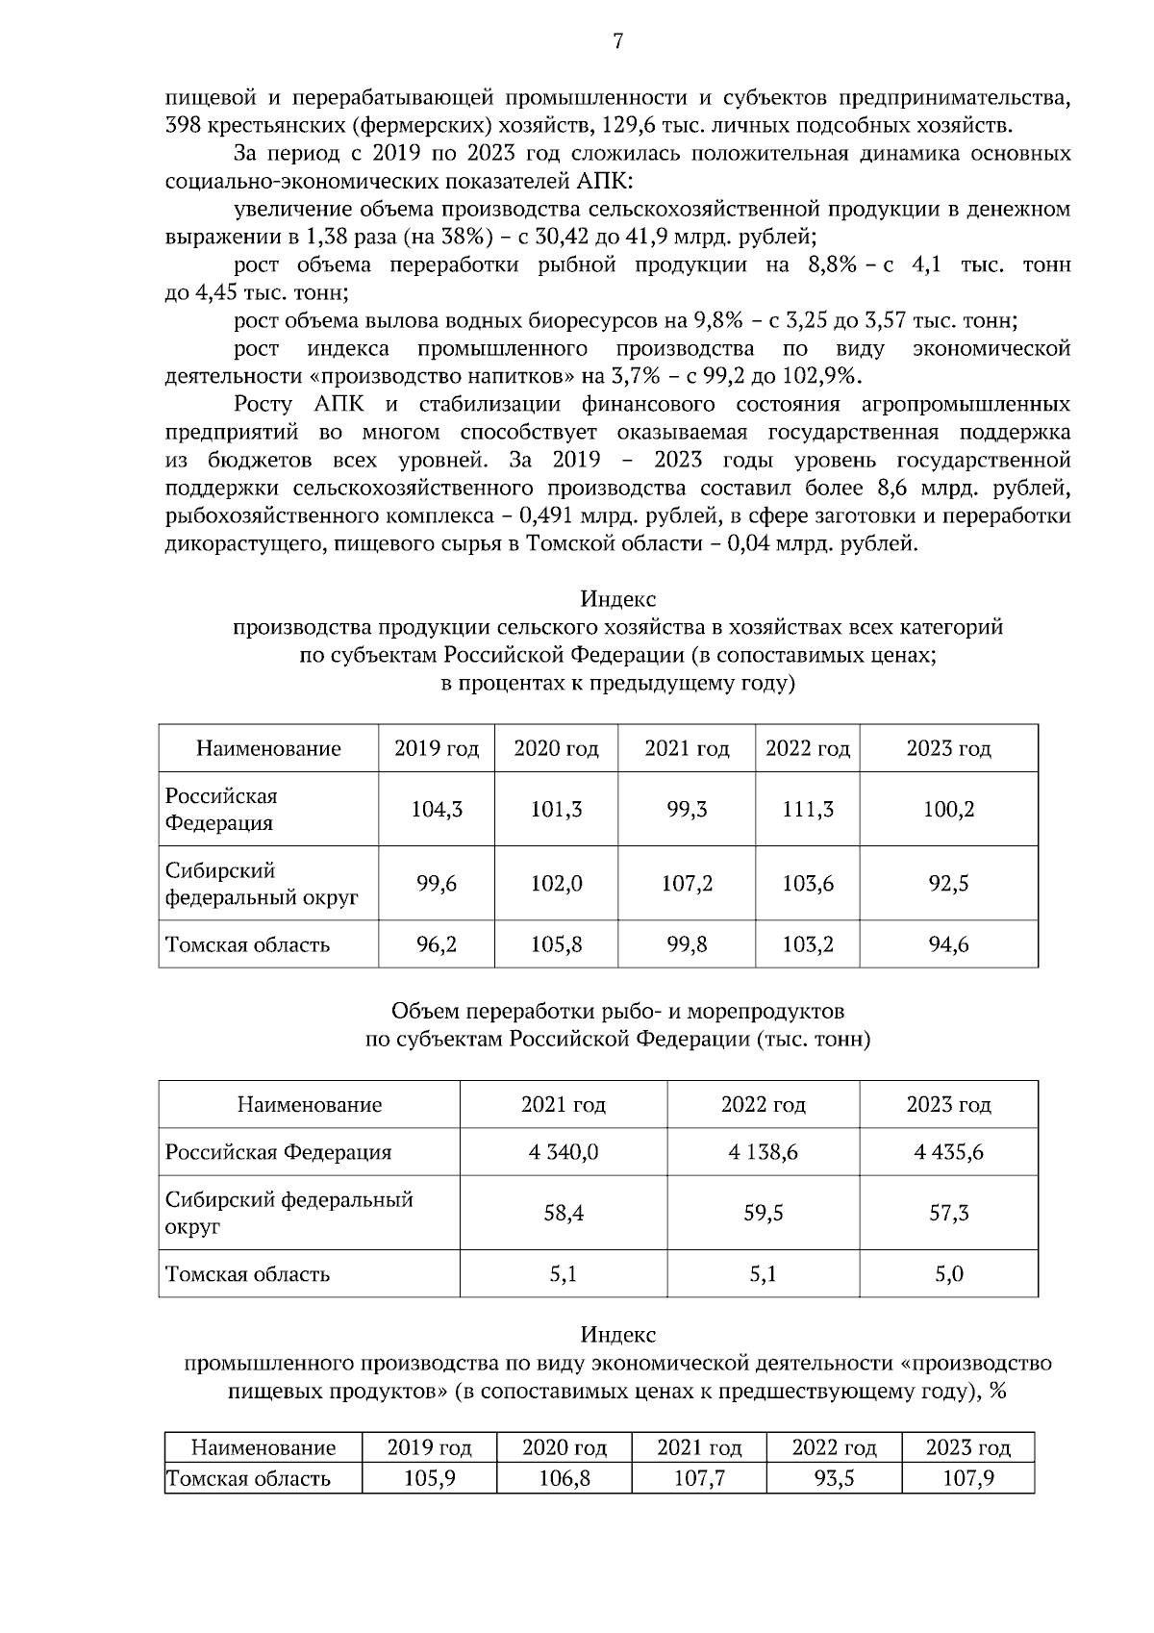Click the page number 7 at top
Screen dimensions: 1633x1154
(x=617, y=41)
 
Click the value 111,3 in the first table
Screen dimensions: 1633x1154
(x=808, y=810)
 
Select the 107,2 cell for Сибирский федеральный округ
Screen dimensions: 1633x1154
(x=687, y=884)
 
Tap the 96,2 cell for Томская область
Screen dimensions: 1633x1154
(x=437, y=944)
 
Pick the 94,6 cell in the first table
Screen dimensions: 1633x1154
(x=948, y=944)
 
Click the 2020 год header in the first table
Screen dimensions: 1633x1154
(x=556, y=748)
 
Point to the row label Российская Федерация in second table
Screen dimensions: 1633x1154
(x=279, y=1152)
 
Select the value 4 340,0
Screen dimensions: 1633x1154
(x=564, y=1152)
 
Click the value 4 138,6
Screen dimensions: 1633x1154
(x=763, y=1152)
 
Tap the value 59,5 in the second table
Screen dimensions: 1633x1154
(x=763, y=1214)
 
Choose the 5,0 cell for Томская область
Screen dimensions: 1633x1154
(x=948, y=1274)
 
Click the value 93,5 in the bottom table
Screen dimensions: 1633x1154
(x=834, y=1478)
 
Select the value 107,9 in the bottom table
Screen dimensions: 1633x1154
(x=967, y=1478)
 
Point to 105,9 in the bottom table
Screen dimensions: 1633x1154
(x=429, y=1478)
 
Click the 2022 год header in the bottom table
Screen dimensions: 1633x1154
(x=834, y=1448)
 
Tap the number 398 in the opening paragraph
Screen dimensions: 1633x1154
(x=183, y=125)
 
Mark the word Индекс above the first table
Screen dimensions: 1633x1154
(x=617, y=599)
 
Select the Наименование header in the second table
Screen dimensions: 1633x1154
(x=309, y=1104)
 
